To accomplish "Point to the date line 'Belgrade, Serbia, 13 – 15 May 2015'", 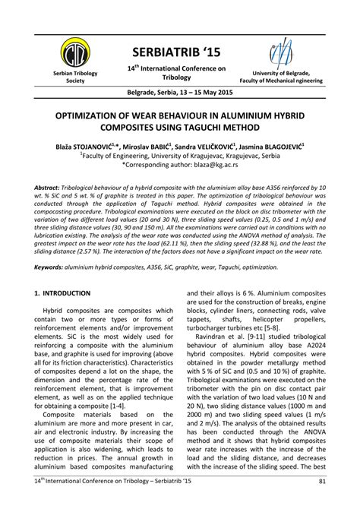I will [179, 97].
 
